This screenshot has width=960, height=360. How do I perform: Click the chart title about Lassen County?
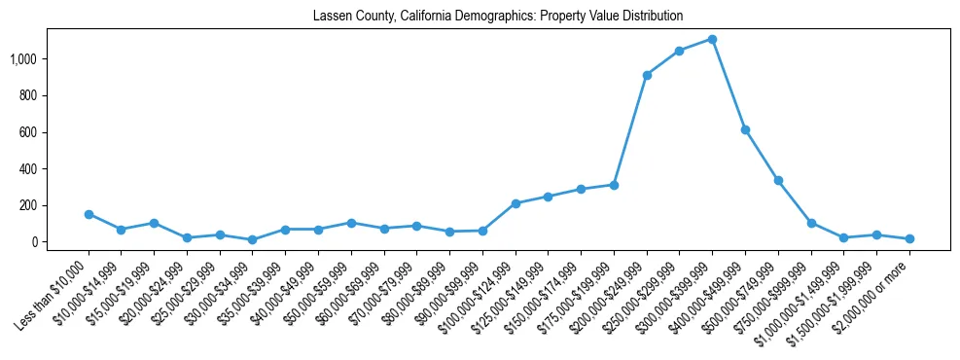[498, 17]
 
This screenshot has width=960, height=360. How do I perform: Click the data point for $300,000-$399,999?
[712, 40]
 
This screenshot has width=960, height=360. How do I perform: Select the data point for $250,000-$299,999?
[679, 51]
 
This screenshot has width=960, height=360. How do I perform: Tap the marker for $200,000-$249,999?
[647, 75]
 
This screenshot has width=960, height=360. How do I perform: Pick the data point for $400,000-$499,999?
[745, 129]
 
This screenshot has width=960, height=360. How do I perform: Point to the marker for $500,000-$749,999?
[778, 180]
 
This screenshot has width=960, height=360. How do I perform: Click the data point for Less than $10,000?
[89, 214]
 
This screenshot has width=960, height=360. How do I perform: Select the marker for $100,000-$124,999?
[516, 203]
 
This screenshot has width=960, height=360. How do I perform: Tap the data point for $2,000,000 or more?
[909, 238]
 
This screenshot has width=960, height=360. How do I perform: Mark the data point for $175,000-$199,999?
[614, 185]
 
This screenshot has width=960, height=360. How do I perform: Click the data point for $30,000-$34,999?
[252, 239]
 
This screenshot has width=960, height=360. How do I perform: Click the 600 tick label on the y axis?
[27, 132]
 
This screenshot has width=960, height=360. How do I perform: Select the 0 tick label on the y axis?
[34, 242]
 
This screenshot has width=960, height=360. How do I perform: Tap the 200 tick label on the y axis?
[27, 205]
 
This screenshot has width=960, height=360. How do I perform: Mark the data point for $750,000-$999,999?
[811, 223]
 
